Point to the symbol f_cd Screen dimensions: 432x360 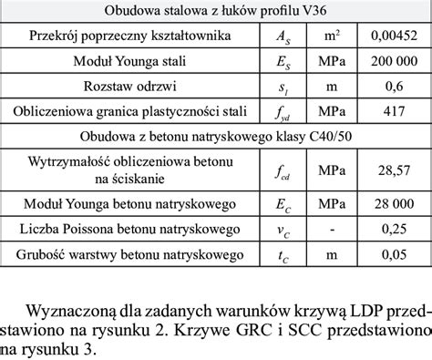pyautogui.click(x=287, y=170)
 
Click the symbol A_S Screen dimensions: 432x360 pyautogui.click(x=287, y=36)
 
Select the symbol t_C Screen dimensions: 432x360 pyautogui.click(x=287, y=253)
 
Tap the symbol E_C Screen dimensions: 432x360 pyautogui.click(x=287, y=202)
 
